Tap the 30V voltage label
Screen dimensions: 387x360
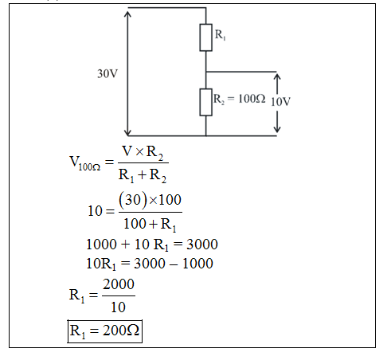tap(107, 73)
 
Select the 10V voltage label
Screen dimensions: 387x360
tap(280, 101)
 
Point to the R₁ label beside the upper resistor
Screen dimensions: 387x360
tap(221, 35)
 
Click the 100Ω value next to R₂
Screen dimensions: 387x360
tap(252, 99)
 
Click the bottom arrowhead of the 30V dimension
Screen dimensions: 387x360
tap(127, 132)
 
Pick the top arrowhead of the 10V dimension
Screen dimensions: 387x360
tap(277, 77)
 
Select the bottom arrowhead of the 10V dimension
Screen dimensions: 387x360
tap(277, 129)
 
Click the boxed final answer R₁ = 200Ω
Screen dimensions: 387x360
tap(105, 331)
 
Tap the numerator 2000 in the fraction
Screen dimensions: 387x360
tap(119, 284)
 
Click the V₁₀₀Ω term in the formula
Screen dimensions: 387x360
tap(85, 162)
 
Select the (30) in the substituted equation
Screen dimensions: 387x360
tap(133, 200)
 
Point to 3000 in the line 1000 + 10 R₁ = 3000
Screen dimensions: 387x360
tap(202, 244)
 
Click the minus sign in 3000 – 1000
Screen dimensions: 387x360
tap(174, 264)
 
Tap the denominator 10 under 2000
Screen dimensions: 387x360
tap(118, 307)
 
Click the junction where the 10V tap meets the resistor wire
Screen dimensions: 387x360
tap(206, 72)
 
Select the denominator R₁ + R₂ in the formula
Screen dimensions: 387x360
tap(143, 175)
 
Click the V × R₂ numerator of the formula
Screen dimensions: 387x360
tap(143, 152)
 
